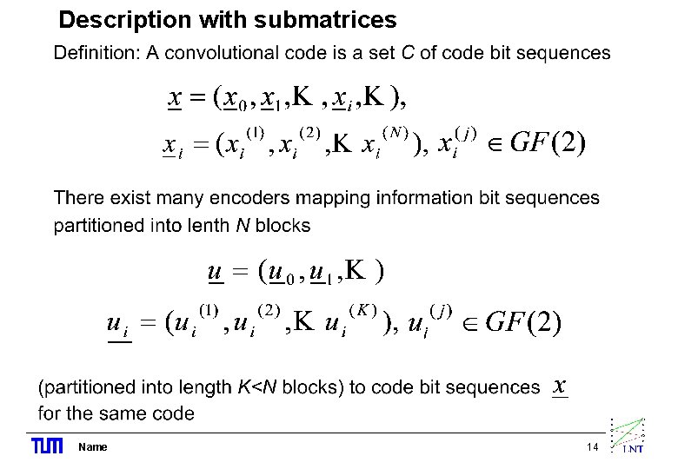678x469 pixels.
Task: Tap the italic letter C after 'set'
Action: tap(408, 54)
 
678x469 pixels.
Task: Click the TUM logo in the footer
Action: tap(47, 446)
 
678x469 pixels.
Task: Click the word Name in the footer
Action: tap(92, 447)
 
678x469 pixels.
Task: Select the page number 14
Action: tap(593, 447)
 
